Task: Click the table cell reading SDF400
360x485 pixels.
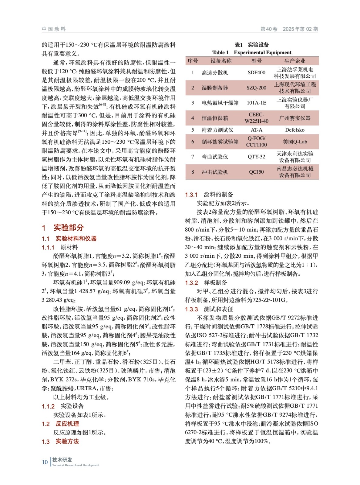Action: pos(256,72)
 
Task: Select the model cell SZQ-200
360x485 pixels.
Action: pos(256,88)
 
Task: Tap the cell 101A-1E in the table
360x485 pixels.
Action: pos(256,103)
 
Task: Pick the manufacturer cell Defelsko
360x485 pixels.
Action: pos(294,130)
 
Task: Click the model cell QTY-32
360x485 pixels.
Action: pos(256,157)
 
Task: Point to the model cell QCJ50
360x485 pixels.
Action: pos(256,172)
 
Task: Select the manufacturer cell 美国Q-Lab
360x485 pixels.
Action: pos(294,142)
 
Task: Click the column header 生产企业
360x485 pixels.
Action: pos(294,61)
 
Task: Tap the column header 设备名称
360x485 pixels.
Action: pos(221,61)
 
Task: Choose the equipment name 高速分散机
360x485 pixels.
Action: pos(215,73)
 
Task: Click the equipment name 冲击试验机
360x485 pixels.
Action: pos(215,172)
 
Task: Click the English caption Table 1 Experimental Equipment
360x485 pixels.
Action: pos(252,52)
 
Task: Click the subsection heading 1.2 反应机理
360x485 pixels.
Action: pos(60,424)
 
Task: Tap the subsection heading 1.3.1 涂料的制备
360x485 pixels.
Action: pos(209,195)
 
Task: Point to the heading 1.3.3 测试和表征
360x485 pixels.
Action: pos(209,309)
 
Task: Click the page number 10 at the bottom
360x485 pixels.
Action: pos(45,462)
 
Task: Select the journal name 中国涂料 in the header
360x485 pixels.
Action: pos(54,29)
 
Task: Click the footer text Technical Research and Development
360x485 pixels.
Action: pos(76,465)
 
